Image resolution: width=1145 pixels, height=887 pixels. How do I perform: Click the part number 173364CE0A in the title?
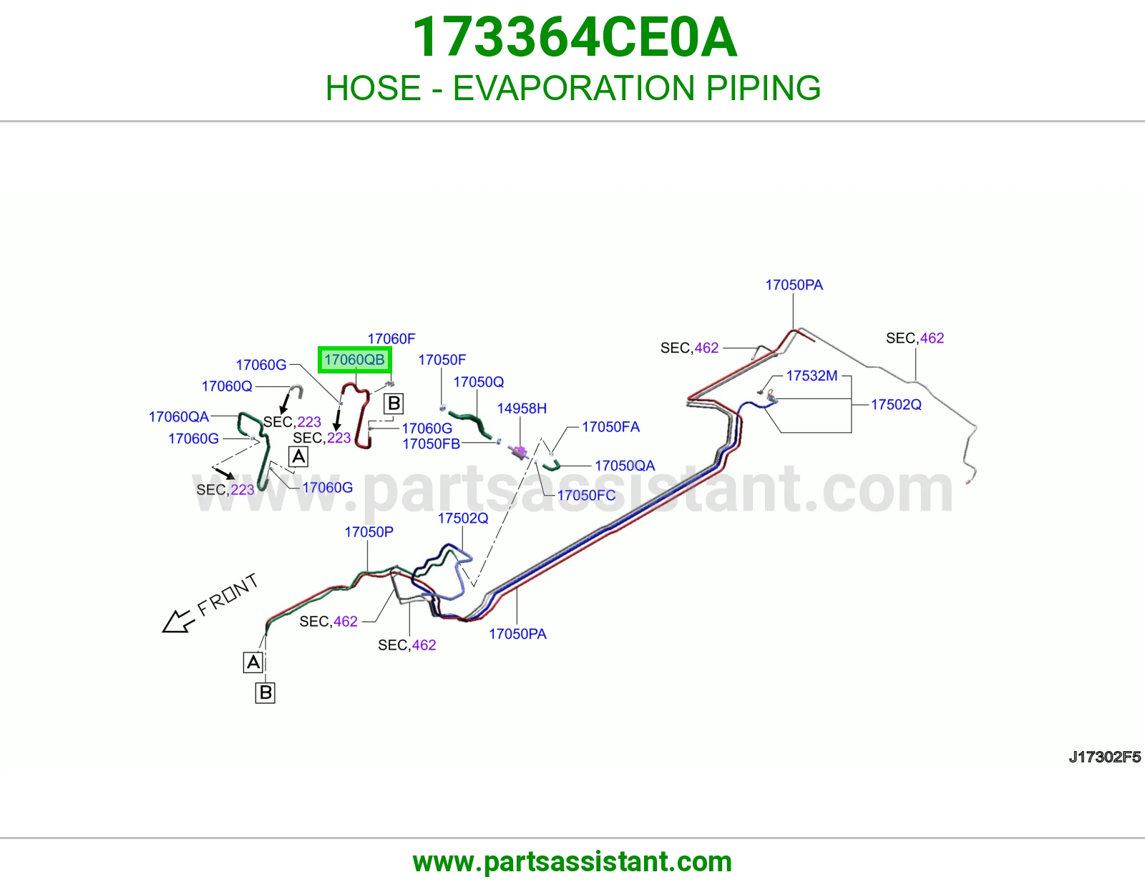tap(575, 37)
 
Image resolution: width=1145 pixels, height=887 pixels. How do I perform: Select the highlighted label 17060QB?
tap(355, 360)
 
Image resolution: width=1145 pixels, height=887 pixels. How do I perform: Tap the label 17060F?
tap(391, 338)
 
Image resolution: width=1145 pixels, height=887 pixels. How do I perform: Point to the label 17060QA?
tap(179, 416)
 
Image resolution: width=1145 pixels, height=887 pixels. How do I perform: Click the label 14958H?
tap(522, 408)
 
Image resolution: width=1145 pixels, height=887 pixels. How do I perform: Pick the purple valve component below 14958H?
tap(519, 451)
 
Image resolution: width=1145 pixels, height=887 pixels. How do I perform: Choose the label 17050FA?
tap(610, 426)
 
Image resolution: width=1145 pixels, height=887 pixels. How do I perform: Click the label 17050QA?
tap(625, 466)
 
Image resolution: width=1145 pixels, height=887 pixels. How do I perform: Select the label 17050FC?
tap(587, 495)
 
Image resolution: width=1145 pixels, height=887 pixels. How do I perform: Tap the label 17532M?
tap(812, 376)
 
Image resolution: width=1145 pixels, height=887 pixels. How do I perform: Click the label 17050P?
tap(369, 532)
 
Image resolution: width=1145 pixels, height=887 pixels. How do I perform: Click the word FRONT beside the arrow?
tap(228, 594)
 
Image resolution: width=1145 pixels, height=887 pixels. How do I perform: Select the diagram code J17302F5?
tap(1104, 758)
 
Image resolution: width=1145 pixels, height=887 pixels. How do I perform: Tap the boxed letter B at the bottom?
tap(265, 692)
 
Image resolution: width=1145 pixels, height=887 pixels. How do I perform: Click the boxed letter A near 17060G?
tap(298, 456)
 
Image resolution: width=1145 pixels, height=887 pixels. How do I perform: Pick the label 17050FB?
tap(431, 444)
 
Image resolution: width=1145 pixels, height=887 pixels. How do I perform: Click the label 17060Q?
tap(227, 386)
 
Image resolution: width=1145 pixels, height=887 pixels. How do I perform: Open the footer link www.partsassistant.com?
tap(572, 862)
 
